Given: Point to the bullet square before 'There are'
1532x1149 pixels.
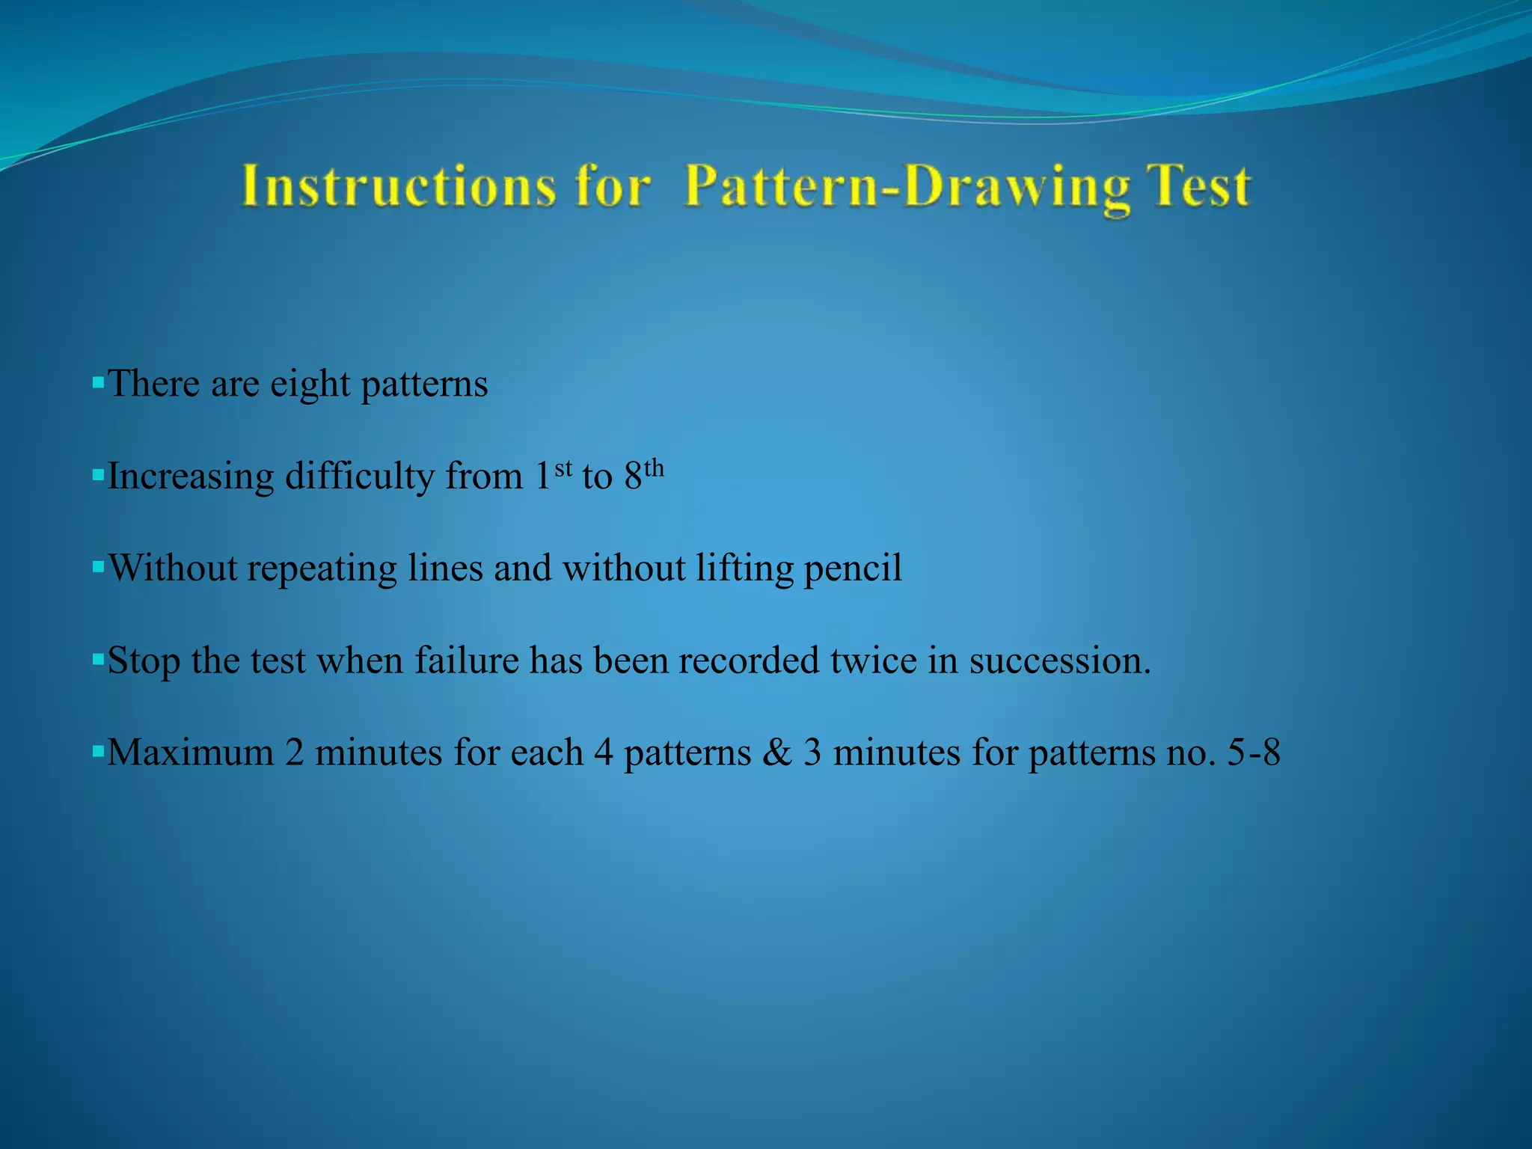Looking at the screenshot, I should pyautogui.click(x=97, y=382).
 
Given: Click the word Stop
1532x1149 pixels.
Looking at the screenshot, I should pyautogui.click(x=144, y=661).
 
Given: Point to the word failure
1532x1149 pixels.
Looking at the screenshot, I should pyautogui.click(x=467, y=661).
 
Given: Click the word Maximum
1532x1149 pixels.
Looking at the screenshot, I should pyautogui.click(x=190, y=753).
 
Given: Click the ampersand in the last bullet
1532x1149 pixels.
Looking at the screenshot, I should pyautogui.click(x=777, y=753).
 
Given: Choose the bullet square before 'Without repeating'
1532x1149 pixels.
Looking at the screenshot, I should pyautogui.click(x=97, y=567).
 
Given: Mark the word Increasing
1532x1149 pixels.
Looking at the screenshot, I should pyautogui.click(x=191, y=477).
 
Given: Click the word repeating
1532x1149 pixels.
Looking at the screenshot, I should pyautogui.click(x=322, y=569).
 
